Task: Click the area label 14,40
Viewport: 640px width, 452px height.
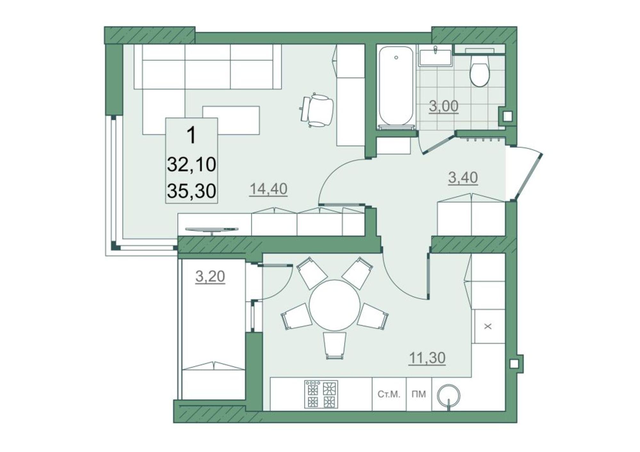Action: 268,189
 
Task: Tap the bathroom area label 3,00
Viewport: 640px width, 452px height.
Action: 444,106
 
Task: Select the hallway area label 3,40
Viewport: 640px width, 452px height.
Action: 463,178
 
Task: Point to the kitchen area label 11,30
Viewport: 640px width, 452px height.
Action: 427,358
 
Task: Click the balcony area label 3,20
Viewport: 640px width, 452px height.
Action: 210,276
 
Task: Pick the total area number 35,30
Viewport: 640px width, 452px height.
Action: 191,191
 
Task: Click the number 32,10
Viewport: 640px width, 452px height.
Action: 191,165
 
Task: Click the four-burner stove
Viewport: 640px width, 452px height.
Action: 321,394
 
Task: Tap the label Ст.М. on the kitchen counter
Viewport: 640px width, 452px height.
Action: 389,394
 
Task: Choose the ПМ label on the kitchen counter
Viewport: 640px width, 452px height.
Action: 419,394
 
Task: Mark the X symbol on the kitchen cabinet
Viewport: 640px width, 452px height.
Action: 488,327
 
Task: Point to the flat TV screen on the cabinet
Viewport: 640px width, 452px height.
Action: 212,230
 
